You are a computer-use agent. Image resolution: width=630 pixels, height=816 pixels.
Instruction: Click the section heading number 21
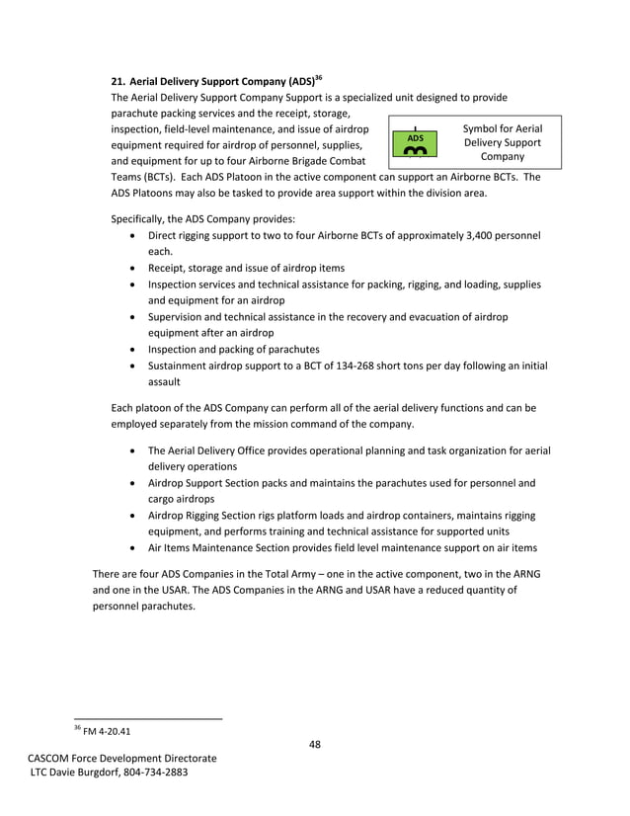click(x=118, y=79)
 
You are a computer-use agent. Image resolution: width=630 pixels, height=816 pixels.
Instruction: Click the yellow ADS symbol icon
click(x=416, y=144)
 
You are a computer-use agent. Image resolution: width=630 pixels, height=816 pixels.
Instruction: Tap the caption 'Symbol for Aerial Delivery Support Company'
click(x=502, y=142)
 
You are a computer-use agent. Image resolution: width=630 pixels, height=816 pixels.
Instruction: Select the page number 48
click(x=314, y=744)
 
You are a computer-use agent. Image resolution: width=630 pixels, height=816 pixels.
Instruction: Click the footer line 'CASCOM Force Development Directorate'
click(x=121, y=758)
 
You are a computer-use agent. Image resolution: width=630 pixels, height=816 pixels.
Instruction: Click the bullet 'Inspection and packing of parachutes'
click(x=233, y=349)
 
